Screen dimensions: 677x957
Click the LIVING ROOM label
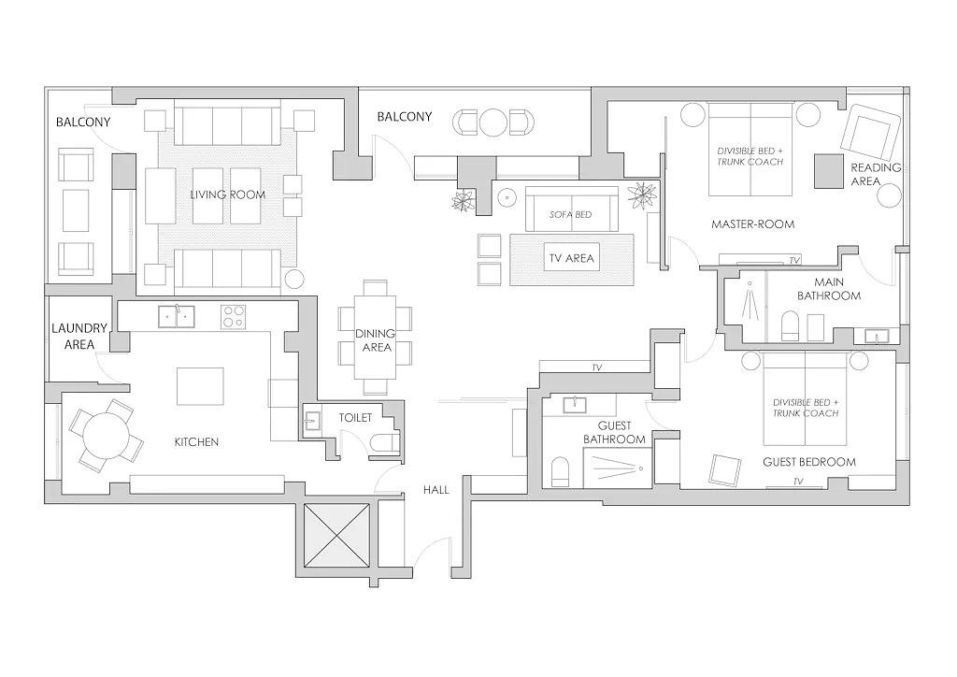click(227, 195)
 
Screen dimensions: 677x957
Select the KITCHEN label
click(196, 441)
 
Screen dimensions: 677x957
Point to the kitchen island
click(201, 385)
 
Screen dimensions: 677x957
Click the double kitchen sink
click(175, 317)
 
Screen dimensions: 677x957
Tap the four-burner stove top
click(234, 316)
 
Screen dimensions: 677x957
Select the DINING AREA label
click(376, 340)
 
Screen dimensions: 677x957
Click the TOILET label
click(355, 418)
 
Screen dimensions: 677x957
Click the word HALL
click(436, 489)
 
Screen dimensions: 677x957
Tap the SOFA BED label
click(570, 215)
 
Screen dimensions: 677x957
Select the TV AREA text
click(571, 259)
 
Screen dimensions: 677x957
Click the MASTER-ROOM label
click(752, 224)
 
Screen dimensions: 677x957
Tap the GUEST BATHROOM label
click(614, 432)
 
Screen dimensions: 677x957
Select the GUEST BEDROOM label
click(808, 462)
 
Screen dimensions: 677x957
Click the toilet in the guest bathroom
click(561, 472)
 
